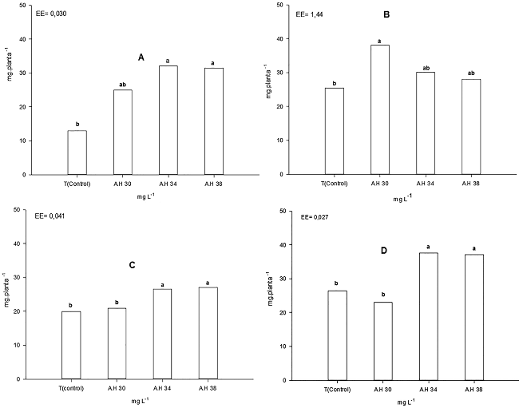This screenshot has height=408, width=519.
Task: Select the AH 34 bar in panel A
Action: pyautogui.click(x=168, y=120)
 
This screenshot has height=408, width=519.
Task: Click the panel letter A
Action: pyautogui.click(x=141, y=57)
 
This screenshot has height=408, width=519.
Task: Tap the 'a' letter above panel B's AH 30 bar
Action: pyautogui.click(x=378, y=39)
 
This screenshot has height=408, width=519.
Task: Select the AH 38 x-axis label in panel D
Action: pyautogui.click(x=473, y=389)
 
